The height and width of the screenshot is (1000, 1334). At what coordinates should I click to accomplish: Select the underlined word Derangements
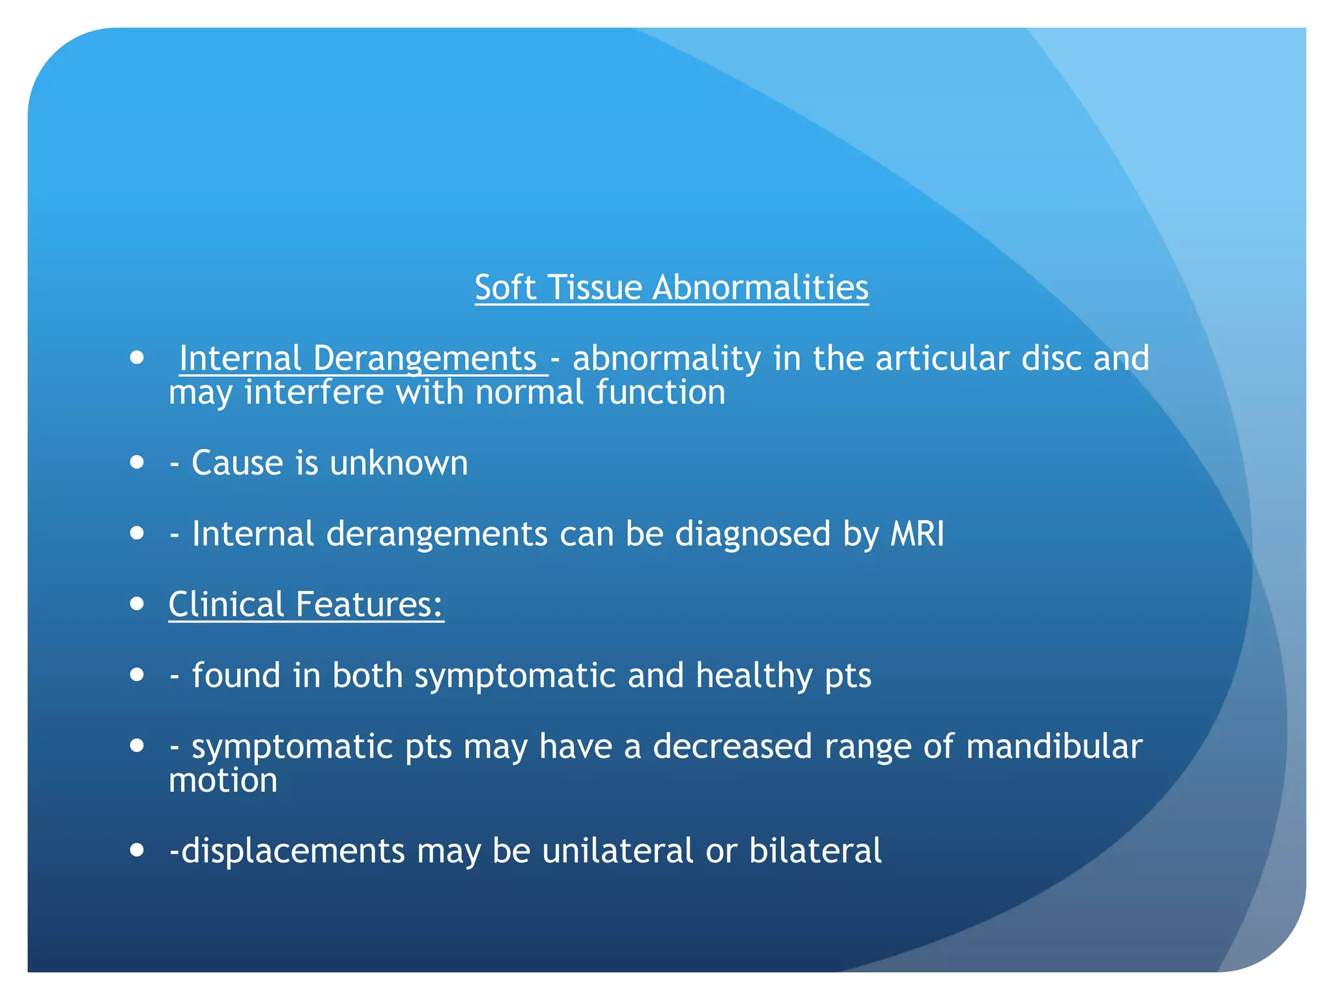point(425,359)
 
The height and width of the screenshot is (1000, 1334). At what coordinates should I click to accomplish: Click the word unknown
point(399,464)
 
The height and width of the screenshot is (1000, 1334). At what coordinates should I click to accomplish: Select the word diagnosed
point(753,535)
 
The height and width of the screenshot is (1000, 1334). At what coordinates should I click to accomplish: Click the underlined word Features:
point(369,605)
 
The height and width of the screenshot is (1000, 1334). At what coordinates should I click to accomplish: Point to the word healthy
point(754,676)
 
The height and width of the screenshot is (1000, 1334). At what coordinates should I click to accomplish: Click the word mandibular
point(1054,747)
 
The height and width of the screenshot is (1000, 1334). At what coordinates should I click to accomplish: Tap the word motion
point(223,781)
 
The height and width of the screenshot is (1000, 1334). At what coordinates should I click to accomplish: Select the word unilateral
point(617,852)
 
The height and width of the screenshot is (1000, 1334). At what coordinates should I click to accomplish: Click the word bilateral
point(815,852)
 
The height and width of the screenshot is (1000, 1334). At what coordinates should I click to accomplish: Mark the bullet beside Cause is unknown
point(137,463)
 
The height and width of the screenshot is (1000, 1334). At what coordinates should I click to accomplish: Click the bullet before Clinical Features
point(137,604)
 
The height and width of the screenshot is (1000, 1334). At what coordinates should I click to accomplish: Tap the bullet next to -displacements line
point(137,850)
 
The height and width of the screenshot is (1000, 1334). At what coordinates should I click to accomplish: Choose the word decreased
point(733,747)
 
